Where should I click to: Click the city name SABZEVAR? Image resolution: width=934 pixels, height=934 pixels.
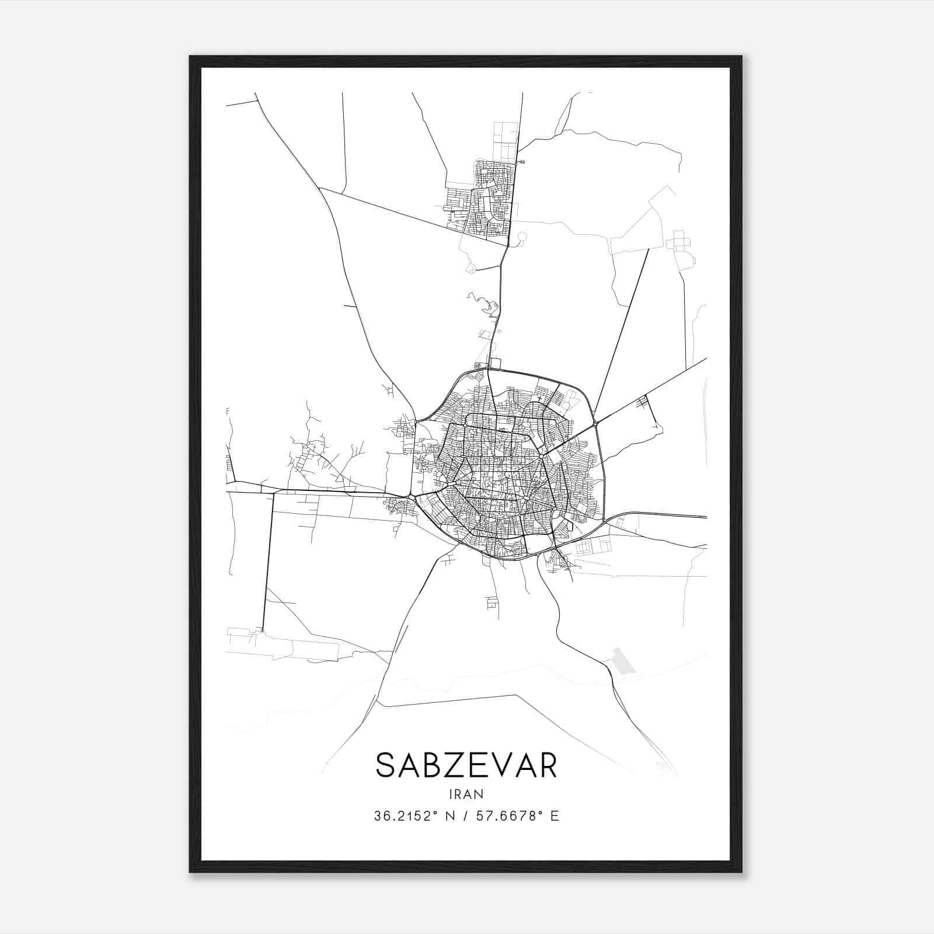[x=466, y=765]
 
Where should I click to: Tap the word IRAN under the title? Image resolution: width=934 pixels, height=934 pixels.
[x=466, y=794]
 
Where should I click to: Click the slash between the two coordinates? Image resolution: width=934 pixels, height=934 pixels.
[x=467, y=816]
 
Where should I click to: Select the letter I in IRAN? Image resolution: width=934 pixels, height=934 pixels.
[x=451, y=794]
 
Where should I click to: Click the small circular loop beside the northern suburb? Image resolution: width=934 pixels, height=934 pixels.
[x=522, y=236]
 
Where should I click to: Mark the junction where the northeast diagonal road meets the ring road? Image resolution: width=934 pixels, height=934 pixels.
[x=595, y=421]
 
